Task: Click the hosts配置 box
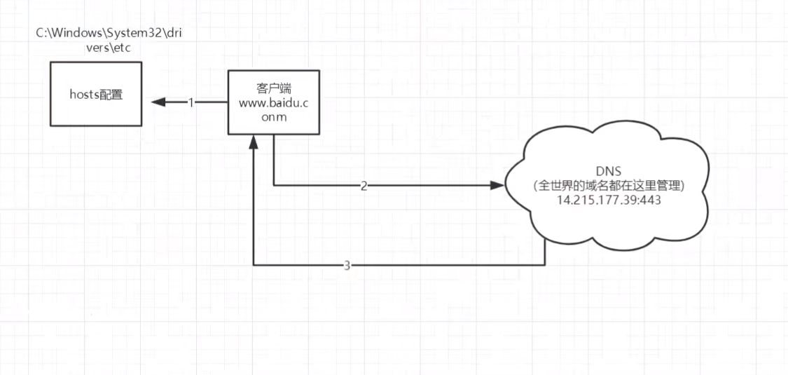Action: tap(96, 112)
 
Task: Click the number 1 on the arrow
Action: tap(191, 102)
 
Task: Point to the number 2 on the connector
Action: tap(364, 186)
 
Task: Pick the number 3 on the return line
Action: tap(347, 266)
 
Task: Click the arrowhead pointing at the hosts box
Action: tap(157, 102)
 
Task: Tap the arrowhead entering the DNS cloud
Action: tap(497, 186)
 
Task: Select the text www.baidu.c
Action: tap(275, 103)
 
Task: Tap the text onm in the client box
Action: tap(275, 117)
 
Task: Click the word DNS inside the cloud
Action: tap(608, 172)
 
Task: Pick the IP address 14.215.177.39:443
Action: tap(608, 199)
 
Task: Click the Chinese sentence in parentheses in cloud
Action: tap(608, 186)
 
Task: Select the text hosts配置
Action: tap(96, 95)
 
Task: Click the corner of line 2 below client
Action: tap(273, 186)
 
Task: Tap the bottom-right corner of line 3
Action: tap(545, 266)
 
